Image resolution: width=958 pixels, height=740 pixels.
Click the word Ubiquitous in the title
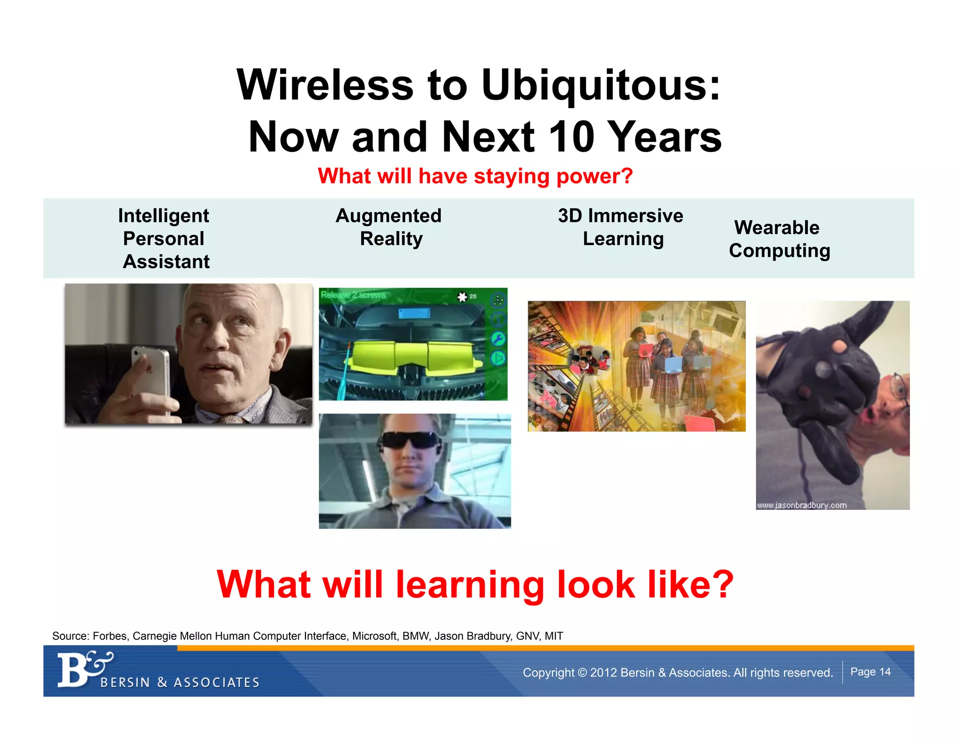601,85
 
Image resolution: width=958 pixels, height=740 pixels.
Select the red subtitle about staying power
475,176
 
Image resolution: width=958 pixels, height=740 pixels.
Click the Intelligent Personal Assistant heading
164,239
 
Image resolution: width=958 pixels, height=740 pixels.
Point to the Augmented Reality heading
389,227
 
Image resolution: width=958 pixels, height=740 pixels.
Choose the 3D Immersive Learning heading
621,227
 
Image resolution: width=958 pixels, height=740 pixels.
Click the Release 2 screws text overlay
353,295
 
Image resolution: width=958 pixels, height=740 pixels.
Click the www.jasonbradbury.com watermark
802,505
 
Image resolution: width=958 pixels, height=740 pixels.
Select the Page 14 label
870,672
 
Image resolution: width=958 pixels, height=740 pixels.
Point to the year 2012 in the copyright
603,673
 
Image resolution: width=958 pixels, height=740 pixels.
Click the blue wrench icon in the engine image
498,339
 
